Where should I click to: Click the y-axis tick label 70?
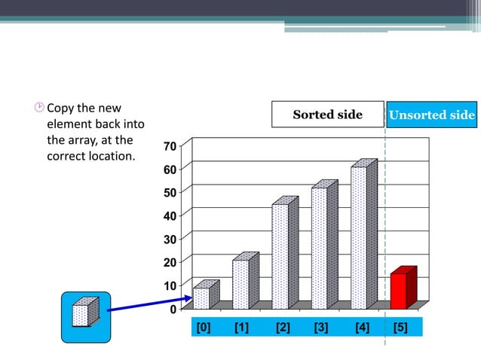coord(170,145)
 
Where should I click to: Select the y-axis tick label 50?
coord(170,192)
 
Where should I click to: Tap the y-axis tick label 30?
coord(170,239)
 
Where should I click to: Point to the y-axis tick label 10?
coord(170,285)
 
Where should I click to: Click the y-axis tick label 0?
coord(173,309)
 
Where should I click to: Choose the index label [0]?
coord(203,327)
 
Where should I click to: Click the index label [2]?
coord(283,327)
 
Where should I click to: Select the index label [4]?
coord(362,327)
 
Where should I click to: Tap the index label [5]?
coord(400,327)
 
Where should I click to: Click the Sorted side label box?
coord(328,115)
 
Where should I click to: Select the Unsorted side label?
coord(431,115)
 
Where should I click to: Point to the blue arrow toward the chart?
coord(151,303)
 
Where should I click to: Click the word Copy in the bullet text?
coord(64,108)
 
